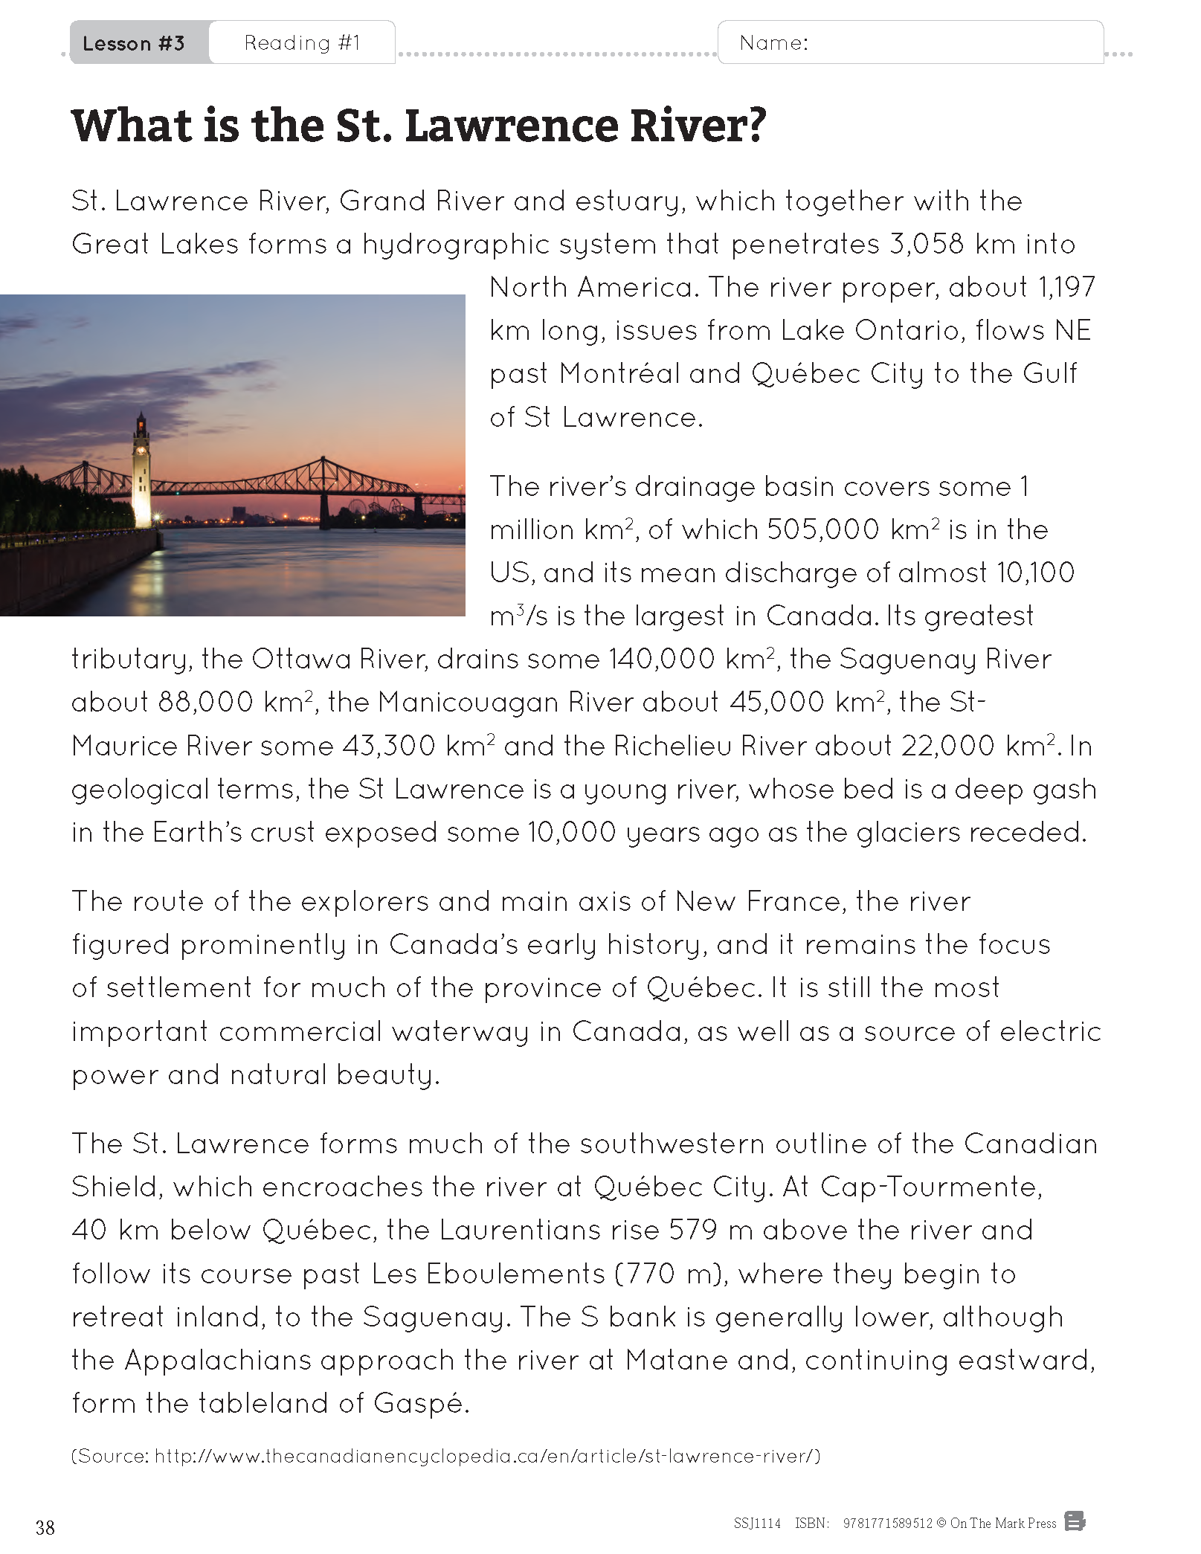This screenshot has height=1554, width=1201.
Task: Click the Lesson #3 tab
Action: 134,43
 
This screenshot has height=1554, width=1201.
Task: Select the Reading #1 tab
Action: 302,43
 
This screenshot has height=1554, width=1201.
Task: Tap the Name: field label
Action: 773,43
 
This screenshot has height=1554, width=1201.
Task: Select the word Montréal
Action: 619,373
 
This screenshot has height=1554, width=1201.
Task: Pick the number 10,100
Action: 1035,573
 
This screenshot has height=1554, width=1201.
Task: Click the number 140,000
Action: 662,659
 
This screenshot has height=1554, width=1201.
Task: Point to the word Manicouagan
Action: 468,702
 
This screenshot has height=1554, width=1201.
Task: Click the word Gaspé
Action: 420,1403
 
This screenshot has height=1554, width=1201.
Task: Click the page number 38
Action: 45,1527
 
